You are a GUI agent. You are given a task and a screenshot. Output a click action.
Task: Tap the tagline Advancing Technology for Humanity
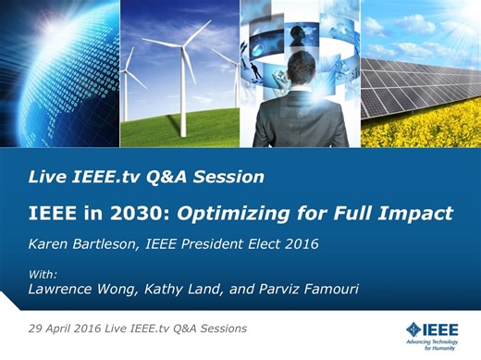click(x=444, y=343)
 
